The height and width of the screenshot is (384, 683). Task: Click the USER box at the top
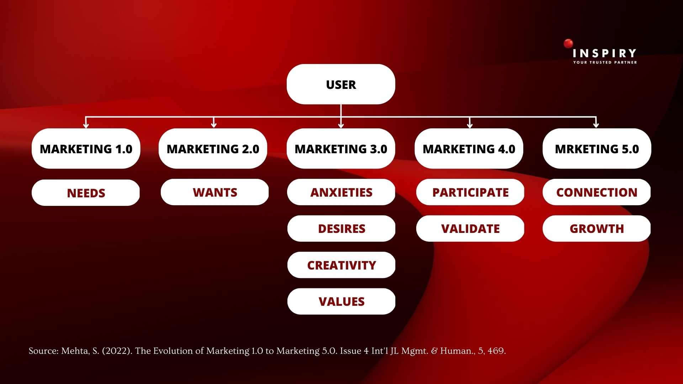coord(341,84)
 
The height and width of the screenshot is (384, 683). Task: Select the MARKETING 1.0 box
coord(86,149)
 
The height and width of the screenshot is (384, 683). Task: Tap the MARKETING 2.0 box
coord(213,149)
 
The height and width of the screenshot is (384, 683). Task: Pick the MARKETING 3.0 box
coord(341,149)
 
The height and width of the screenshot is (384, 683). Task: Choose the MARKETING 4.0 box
coord(469,149)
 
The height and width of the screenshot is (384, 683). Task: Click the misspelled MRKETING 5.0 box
coord(597,149)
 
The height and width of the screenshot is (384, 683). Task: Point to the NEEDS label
coord(86,193)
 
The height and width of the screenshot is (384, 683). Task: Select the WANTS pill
coord(215,192)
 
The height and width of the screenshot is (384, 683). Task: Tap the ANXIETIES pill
coord(341,192)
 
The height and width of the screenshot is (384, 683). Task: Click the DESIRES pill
coord(341,229)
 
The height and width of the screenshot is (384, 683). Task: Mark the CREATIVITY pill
coord(341,265)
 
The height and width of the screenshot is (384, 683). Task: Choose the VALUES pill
coord(341,302)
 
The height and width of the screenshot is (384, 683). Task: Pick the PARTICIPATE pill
coord(470,192)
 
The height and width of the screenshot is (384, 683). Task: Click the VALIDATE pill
coord(470,229)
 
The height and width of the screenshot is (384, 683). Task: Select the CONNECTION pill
coord(597,192)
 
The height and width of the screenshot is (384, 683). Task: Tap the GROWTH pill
coord(597,229)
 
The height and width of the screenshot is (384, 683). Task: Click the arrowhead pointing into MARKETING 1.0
coord(86,126)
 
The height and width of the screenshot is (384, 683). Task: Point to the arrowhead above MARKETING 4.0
coord(470,126)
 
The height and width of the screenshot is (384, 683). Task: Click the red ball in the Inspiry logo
coord(568,43)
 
